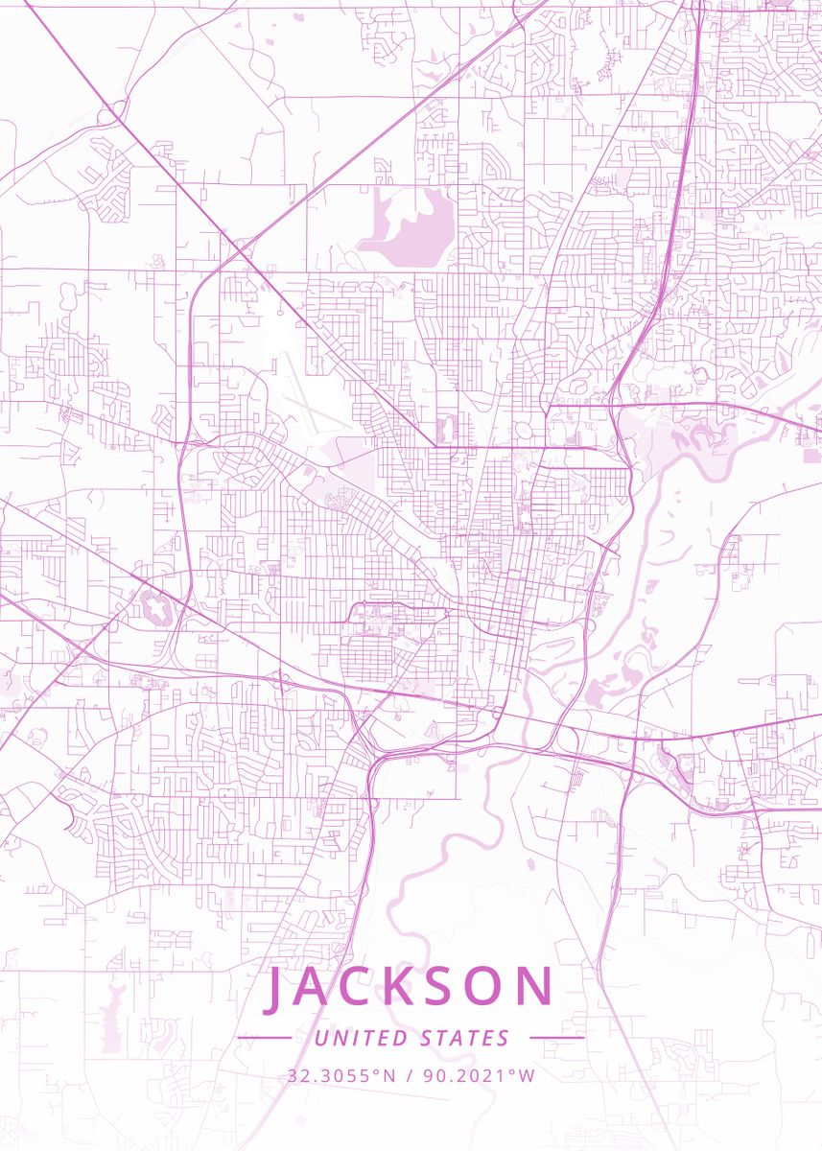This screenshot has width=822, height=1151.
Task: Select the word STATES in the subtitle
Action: tap(465, 1038)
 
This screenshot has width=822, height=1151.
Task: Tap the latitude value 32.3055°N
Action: tap(340, 1076)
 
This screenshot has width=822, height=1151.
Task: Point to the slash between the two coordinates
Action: tap(409, 1076)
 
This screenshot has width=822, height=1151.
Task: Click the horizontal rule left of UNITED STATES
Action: tap(265, 1038)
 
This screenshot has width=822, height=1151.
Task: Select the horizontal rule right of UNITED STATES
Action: tap(556, 1038)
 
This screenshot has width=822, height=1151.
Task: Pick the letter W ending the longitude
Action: tap(526, 1076)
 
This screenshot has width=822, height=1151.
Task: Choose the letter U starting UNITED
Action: tap(320, 1038)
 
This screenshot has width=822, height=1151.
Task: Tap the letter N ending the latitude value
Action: tap(388, 1076)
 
